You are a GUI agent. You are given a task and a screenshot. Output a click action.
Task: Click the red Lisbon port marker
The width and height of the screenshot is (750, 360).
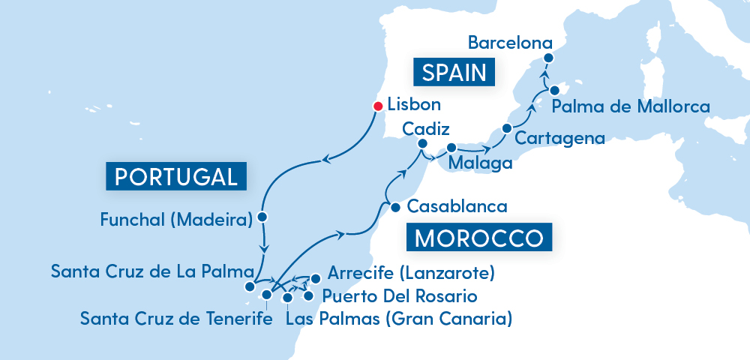click(x=378, y=106)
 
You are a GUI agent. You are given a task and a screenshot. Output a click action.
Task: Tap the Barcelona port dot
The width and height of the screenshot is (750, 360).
click(x=548, y=58)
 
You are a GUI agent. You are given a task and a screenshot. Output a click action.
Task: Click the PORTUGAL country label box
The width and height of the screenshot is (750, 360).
click(x=177, y=176)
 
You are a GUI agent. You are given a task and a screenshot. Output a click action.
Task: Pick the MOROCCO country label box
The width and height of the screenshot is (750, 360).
click(x=478, y=238)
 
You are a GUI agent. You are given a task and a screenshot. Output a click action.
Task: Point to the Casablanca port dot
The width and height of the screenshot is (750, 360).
click(x=394, y=207)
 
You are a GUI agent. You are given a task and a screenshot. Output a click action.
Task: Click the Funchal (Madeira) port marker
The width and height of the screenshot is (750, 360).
click(x=262, y=217)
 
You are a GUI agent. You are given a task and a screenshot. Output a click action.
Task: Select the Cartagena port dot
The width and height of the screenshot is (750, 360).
click(x=506, y=127)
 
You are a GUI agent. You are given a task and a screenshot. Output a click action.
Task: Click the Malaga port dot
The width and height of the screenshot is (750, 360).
click(x=451, y=148)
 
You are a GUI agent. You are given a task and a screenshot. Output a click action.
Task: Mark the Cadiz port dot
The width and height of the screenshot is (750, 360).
click(x=422, y=143)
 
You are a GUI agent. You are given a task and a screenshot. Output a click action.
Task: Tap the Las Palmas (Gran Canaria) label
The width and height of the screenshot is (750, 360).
click(x=399, y=319)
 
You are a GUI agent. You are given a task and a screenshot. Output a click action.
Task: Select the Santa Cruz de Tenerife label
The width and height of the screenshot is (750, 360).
click(x=176, y=319)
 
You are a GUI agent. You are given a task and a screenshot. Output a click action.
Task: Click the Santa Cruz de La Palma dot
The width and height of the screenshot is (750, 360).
click(x=250, y=286)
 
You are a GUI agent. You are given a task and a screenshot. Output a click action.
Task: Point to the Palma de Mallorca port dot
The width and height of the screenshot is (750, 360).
click(x=554, y=90)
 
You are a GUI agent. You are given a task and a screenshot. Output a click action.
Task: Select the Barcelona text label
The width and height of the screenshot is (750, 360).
click(x=510, y=43)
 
